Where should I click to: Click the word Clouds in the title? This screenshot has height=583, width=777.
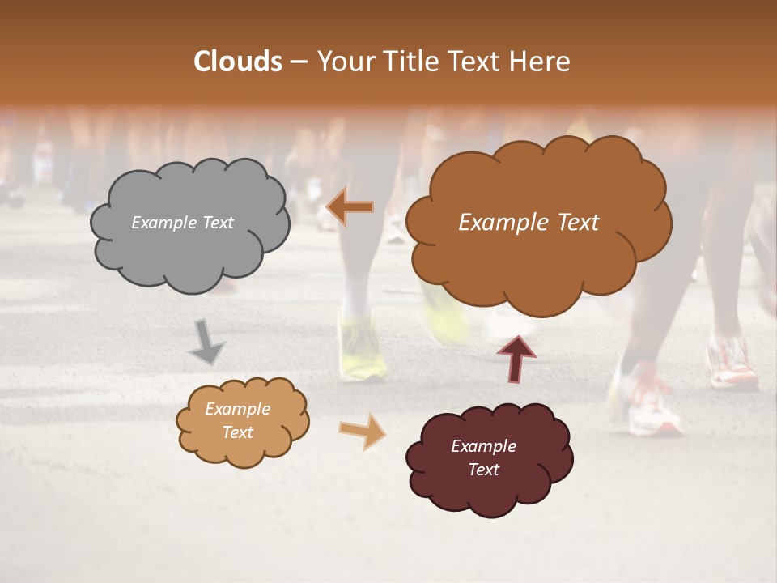[x=238, y=62]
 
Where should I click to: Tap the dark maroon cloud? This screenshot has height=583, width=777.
[x=488, y=458]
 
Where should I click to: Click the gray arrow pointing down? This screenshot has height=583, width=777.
[x=207, y=341]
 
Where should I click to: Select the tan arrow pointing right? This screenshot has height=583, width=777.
[x=363, y=430]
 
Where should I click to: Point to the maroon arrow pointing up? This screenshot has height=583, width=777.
[x=516, y=357]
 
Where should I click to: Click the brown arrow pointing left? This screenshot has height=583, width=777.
[x=350, y=207]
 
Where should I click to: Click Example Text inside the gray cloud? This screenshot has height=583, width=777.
[x=182, y=223]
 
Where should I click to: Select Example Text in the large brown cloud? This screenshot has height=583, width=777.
[x=529, y=223]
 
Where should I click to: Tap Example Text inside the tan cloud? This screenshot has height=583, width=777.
[x=237, y=421]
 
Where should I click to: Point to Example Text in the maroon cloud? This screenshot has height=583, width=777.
[x=483, y=458]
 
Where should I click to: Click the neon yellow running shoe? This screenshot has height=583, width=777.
[x=361, y=349]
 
